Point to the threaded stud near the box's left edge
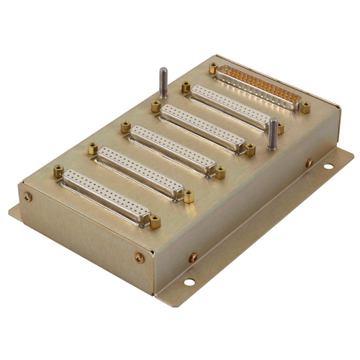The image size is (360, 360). pos(163,81)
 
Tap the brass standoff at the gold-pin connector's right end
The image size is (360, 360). pos(305,107)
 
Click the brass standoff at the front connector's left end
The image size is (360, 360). pos(58,171)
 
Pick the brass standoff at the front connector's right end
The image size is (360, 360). pos(155,221)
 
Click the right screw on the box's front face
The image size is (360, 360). pos(140,257)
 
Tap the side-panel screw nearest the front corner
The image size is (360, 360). pos(193,257)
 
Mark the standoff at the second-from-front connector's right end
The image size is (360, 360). pos(189,195)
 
